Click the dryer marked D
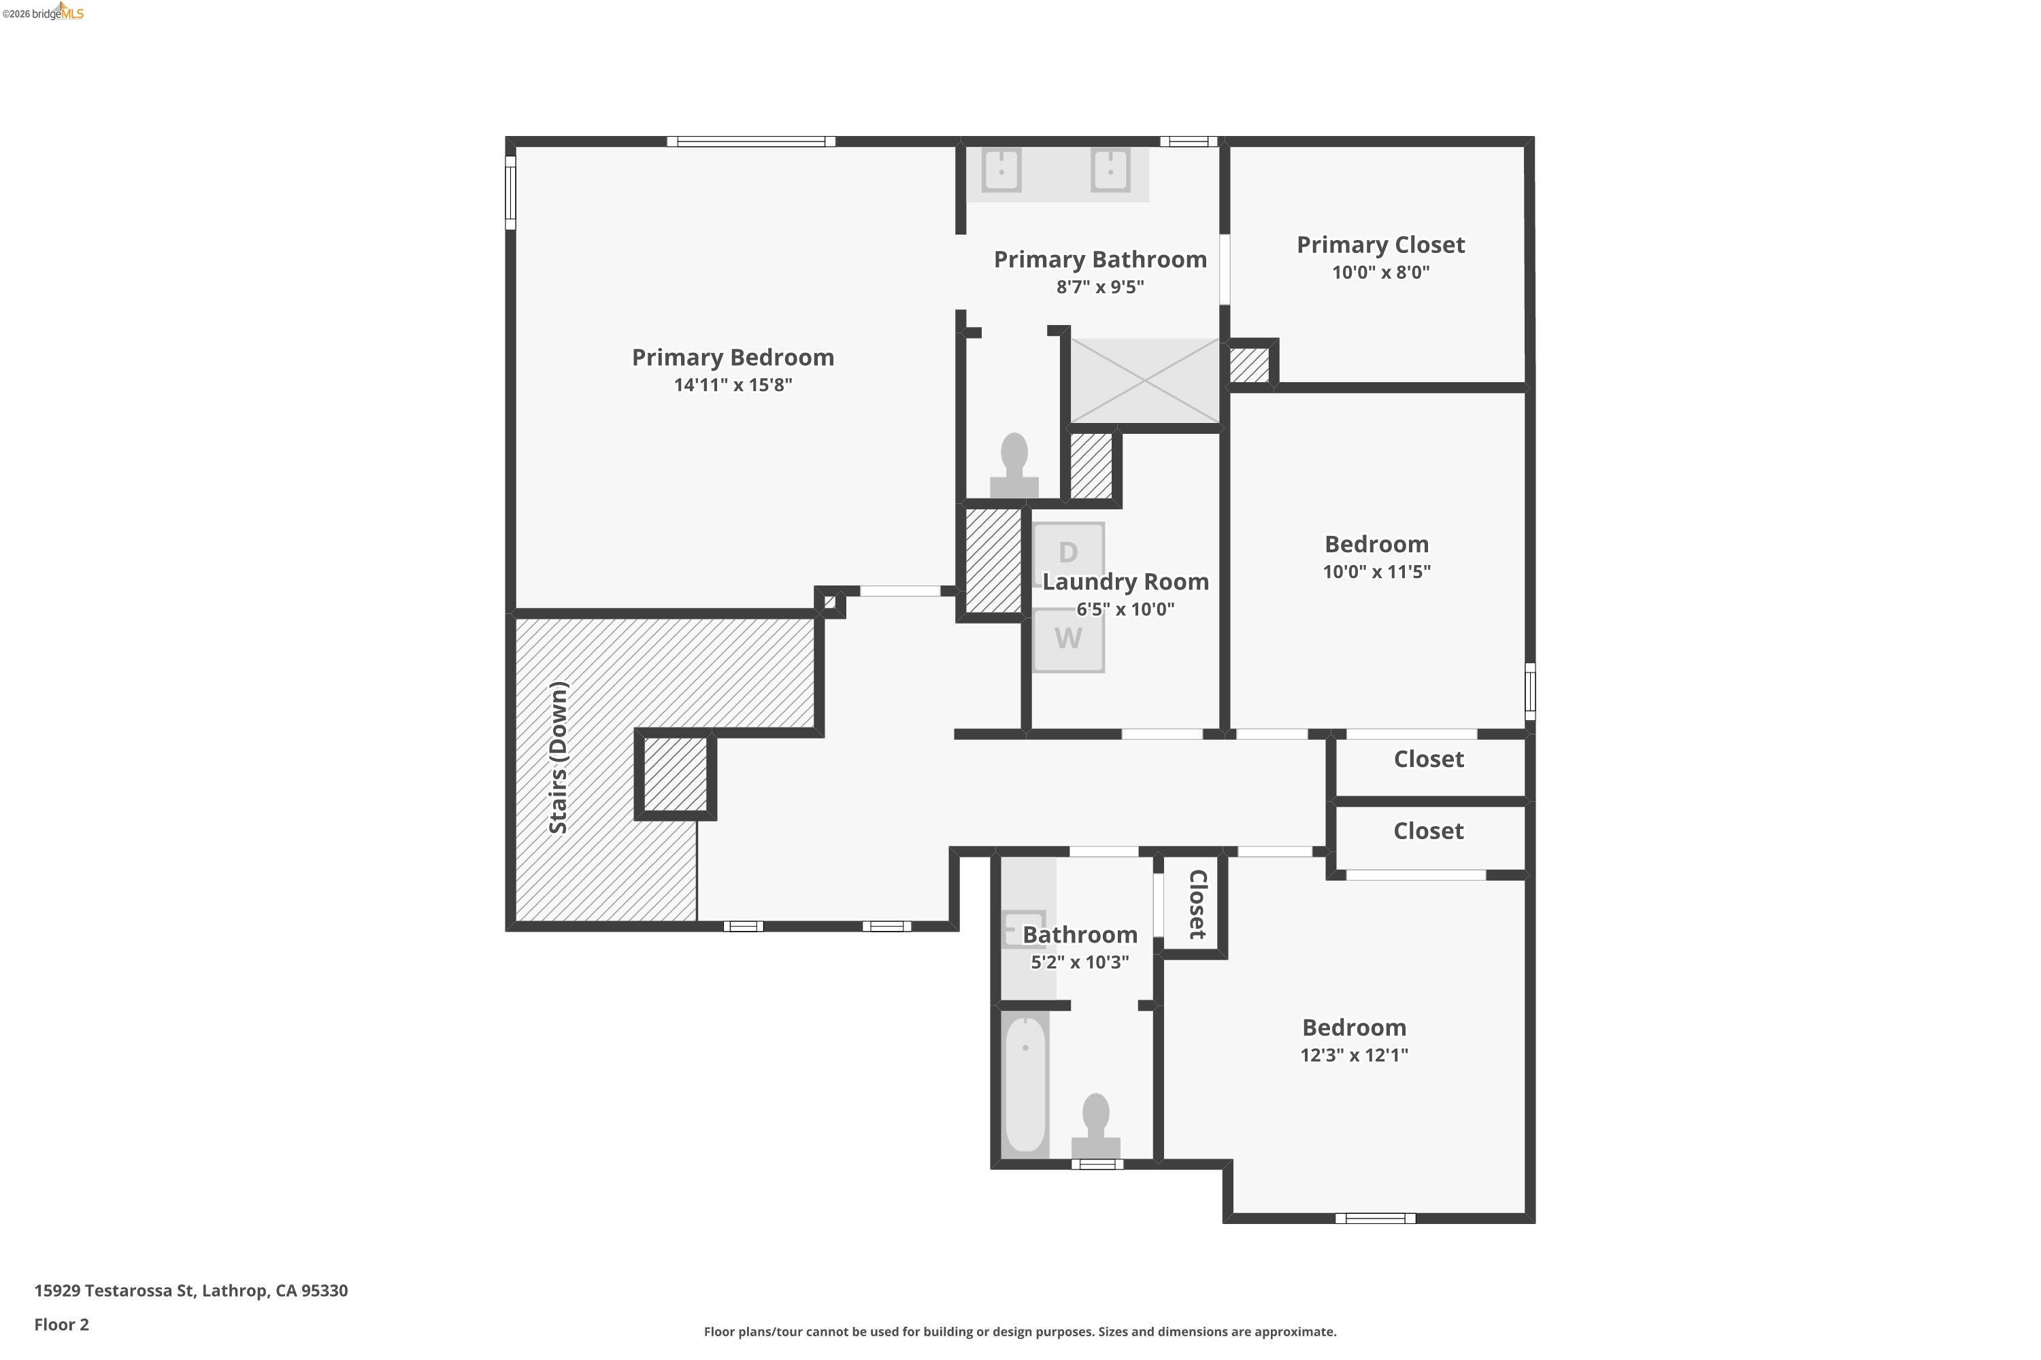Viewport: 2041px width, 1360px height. click(1068, 552)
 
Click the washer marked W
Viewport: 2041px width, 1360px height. click(1068, 639)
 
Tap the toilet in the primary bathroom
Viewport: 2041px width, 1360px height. click(1014, 466)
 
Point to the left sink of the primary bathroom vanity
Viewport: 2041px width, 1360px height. click(1001, 170)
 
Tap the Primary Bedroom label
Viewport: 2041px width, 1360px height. click(733, 358)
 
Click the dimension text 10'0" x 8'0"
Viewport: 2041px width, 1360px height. click(1380, 273)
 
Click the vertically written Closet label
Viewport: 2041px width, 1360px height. click(1197, 904)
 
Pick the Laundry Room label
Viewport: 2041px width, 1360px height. click(1125, 582)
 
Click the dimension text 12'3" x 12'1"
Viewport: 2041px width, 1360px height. click(1353, 1055)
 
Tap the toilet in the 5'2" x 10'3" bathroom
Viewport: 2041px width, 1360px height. click(1095, 1126)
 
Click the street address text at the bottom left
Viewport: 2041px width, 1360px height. click(191, 1291)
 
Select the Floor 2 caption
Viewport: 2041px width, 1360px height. click(62, 1325)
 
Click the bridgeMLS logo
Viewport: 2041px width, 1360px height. click(44, 12)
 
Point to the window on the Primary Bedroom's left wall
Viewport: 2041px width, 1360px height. click(510, 192)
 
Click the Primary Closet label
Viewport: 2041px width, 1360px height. click(1380, 245)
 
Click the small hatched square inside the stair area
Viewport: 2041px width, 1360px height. click(675, 775)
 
